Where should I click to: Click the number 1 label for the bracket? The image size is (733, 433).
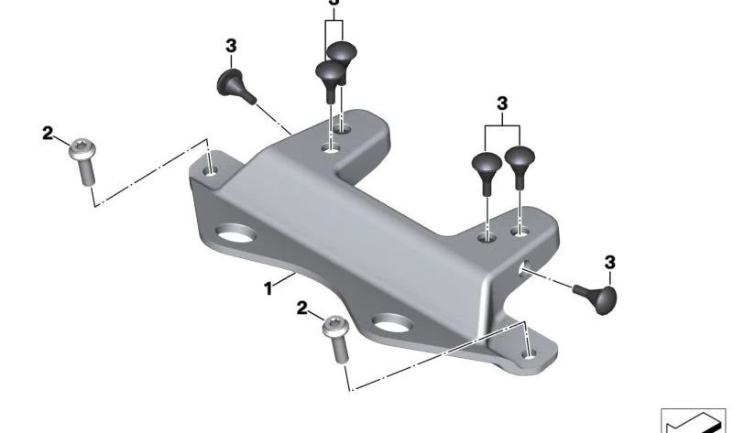click(x=268, y=288)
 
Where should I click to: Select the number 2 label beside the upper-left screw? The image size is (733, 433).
click(x=48, y=134)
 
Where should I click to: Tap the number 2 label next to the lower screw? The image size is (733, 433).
click(x=302, y=309)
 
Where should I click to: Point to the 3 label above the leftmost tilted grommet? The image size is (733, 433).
click(x=231, y=46)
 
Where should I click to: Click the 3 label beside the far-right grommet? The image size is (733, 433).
click(x=610, y=263)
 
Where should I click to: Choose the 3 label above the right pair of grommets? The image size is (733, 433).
click(x=502, y=104)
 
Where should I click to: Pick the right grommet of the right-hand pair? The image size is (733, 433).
click(x=520, y=163)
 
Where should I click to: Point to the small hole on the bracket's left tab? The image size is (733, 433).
click(x=212, y=168)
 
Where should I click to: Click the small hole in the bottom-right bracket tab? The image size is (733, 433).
click(x=527, y=350)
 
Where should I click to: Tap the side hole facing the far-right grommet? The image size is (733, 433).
click(x=524, y=269)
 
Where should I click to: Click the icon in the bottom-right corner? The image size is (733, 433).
click(x=693, y=419)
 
